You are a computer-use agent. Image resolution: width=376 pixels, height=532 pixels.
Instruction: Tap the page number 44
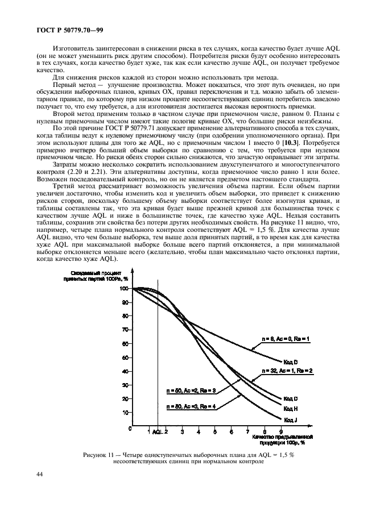[40, 474]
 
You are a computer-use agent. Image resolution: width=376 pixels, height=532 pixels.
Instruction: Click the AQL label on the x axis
[157, 433]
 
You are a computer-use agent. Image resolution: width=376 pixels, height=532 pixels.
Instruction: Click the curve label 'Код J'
[290, 419]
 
